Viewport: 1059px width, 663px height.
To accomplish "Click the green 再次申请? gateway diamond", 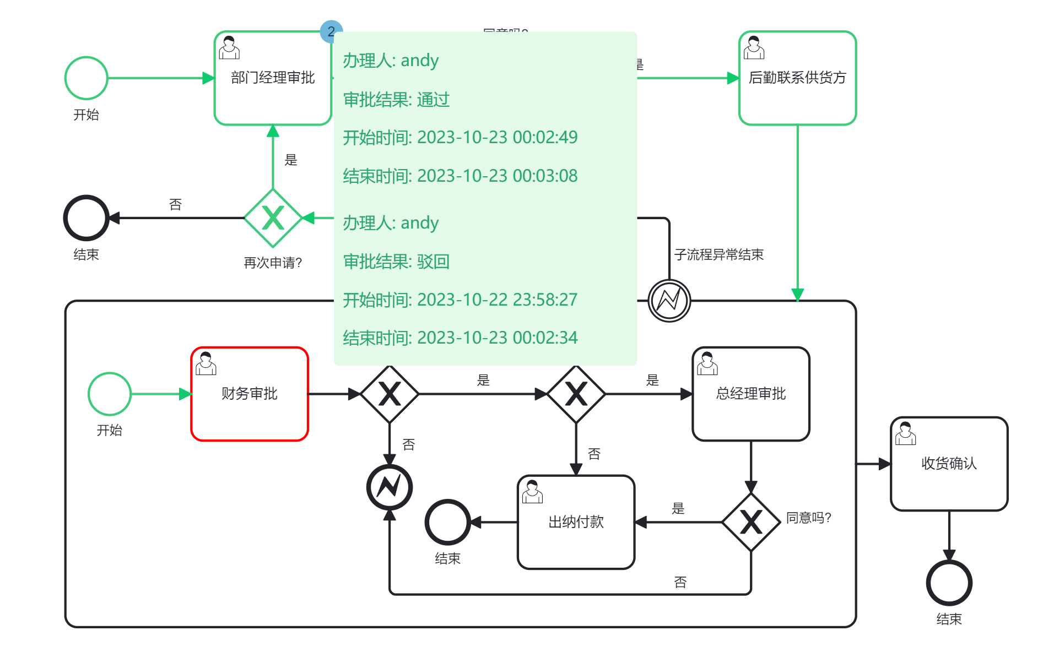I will (x=273, y=218).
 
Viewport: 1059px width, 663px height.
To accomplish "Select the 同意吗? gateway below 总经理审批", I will (x=750, y=521).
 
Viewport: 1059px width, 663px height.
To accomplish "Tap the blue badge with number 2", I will (x=331, y=31).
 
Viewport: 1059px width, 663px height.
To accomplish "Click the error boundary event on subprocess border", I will (x=669, y=301).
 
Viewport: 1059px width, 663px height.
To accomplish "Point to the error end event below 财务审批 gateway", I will (x=390, y=487).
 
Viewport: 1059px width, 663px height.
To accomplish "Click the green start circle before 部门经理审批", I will (x=86, y=78).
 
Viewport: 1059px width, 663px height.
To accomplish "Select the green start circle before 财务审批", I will (x=110, y=394).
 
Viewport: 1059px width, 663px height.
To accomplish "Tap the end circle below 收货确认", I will (x=949, y=583).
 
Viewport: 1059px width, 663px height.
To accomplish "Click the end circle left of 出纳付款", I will (x=447, y=522).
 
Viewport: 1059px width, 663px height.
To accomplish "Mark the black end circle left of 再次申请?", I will (x=86, y=218).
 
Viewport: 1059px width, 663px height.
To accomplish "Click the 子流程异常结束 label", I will (x=718, y=254).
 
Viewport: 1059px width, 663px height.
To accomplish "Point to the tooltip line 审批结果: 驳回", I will (x=396, y=262).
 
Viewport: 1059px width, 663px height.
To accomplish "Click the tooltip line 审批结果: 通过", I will (x=396, y=100).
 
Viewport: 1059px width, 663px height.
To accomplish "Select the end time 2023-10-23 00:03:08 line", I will (x=460, y=176).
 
